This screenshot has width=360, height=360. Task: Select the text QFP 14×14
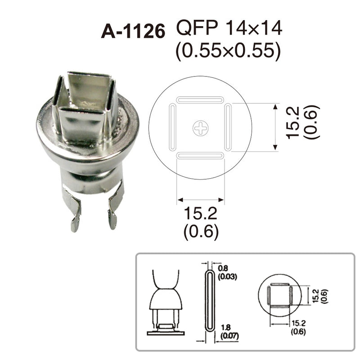coord(229,29)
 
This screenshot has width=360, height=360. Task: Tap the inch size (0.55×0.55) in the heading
coord(229,51)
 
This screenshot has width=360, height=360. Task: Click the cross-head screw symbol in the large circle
coord(201,128)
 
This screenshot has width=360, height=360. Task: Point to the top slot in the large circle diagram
coord(200,99)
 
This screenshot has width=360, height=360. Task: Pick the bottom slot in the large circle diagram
coord(200,156)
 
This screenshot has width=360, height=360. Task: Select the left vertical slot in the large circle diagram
coord(172,128)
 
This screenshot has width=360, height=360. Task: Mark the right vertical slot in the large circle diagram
coord(228,128)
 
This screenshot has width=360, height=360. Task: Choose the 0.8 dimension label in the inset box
coord(222,268)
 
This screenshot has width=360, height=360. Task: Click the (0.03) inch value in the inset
coord(227,276)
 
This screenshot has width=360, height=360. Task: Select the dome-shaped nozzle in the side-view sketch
coord(166,300)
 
